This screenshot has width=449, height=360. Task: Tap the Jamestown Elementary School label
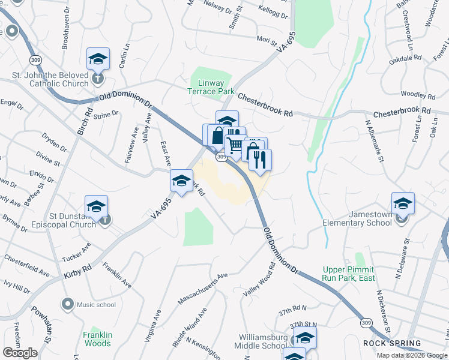[x=357, y=219]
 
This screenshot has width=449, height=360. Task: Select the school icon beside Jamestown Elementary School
[x=403, y=203]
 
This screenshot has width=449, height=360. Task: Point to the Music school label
[x=96, y=304]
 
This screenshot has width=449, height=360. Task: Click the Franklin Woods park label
[x=97, y=339]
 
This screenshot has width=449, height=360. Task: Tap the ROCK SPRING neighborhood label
[x=391, y=343]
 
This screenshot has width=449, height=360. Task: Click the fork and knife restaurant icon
[x=261, y=160]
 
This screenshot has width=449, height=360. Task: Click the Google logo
[x=20, y=352]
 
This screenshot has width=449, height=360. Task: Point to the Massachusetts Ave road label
[x=203, y=289]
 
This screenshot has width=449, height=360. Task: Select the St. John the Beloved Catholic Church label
[x=51, y=80]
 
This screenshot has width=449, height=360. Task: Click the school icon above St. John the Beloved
[x=98, y=59]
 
